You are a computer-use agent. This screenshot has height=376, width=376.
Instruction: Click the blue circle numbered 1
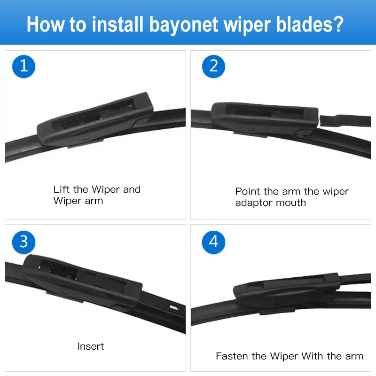coord(23,66)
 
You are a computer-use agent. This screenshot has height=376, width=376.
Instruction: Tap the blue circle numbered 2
coord(213,66)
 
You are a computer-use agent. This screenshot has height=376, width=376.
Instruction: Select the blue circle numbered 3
coord(23,242)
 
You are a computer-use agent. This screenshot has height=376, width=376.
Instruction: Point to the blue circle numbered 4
coord(213,242)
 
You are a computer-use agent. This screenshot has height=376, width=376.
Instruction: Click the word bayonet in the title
coord(184,25)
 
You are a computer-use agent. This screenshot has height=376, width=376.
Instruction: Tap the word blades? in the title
coord(310,24)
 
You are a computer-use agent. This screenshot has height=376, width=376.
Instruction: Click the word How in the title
coord(46,24)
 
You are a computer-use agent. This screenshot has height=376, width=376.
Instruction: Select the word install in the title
coord(118,24)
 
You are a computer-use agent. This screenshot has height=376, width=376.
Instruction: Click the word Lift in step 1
coord(62,189)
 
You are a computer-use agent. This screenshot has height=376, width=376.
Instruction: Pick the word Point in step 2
coord(248,191)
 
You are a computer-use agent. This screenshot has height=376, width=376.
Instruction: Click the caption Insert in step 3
coord(91,346)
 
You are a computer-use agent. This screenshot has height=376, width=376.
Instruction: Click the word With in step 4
coord(312,356)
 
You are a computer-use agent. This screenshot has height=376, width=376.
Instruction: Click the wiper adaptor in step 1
coord(95,119)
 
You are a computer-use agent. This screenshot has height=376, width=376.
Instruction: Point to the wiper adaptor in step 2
coord(265,118)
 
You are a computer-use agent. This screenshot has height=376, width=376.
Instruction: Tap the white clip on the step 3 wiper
coord(173,308)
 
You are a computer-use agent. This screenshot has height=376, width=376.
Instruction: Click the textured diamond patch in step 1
coord(141,122)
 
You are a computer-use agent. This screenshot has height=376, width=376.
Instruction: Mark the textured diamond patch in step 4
coord(328,298)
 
